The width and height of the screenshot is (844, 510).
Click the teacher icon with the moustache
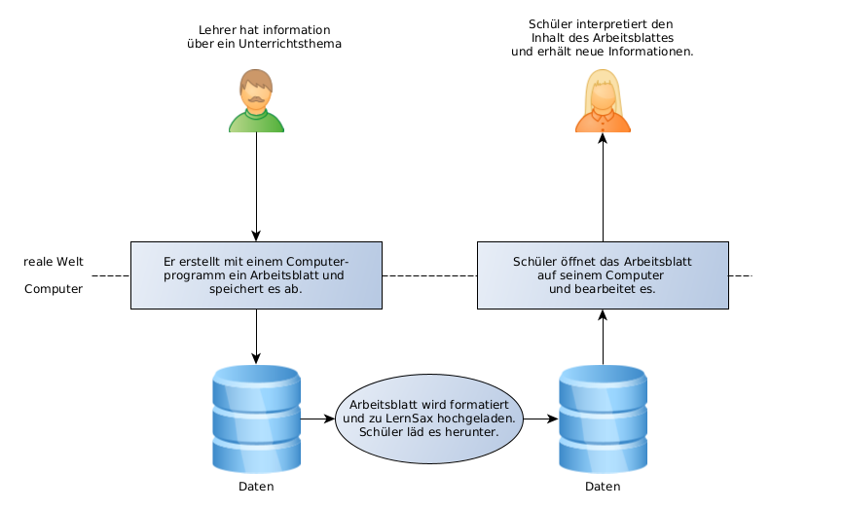(256, 100)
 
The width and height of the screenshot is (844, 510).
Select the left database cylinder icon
(256, 419)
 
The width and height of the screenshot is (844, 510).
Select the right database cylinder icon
(603, 419)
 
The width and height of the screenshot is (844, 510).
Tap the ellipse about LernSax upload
(428, 419)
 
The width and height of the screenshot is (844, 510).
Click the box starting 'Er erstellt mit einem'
(256, 275)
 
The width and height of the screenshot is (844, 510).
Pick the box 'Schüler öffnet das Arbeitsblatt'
(603, 275)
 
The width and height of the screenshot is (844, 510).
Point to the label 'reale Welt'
(54, 263)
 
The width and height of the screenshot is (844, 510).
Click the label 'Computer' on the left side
(54, 289)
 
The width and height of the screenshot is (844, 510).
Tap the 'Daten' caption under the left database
(256, 487)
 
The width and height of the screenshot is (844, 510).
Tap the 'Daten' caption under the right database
(603, 487)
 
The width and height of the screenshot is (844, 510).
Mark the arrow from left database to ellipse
(317, 419)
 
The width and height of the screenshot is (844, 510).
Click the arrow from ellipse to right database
(540, 419)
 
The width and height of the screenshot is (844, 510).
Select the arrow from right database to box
(603, 337)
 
